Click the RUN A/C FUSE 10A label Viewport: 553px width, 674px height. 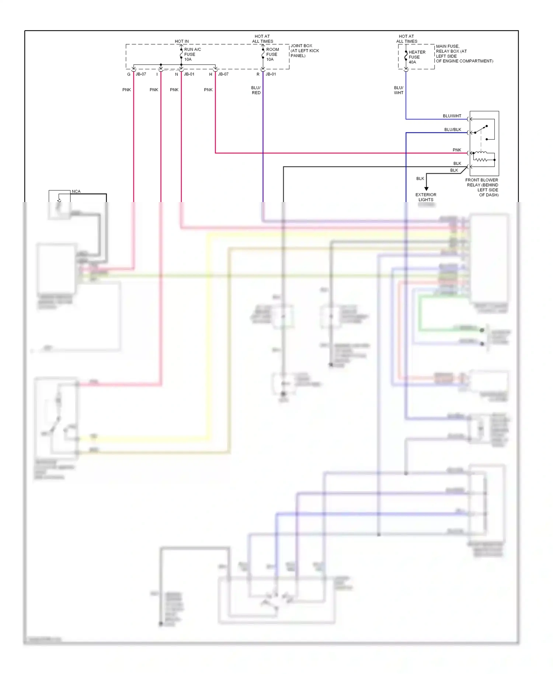tap(192, 54)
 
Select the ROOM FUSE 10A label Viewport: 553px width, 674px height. tap(272, 54)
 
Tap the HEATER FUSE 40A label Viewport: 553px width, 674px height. tap(417, 57)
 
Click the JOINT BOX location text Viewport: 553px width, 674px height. tap(305, 51)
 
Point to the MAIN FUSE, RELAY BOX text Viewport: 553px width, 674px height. tap(464, 54)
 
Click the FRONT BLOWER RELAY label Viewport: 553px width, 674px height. tap(482, 187)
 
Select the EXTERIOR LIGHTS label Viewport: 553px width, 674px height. tap(426, 197)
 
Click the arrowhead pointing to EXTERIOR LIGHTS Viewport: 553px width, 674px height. tap(426, 189)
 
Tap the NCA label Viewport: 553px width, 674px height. tap(76, 191)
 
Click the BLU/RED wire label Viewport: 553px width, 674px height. tap(256, 90)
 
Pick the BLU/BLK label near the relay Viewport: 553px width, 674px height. tap(453, 129)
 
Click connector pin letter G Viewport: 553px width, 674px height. tap(129, 74)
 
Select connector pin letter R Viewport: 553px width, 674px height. tap(258, 74)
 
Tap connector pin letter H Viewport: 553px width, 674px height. tap(211, 74)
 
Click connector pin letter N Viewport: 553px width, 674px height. tap(177, 74)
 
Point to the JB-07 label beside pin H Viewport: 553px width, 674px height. tap(223, 74)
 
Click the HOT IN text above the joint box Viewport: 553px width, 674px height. tap(182, 41)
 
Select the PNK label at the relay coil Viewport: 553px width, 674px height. tap(457, 150)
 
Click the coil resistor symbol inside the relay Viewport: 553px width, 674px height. tap(480, 160)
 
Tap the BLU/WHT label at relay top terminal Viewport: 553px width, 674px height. tap(452, 116)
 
